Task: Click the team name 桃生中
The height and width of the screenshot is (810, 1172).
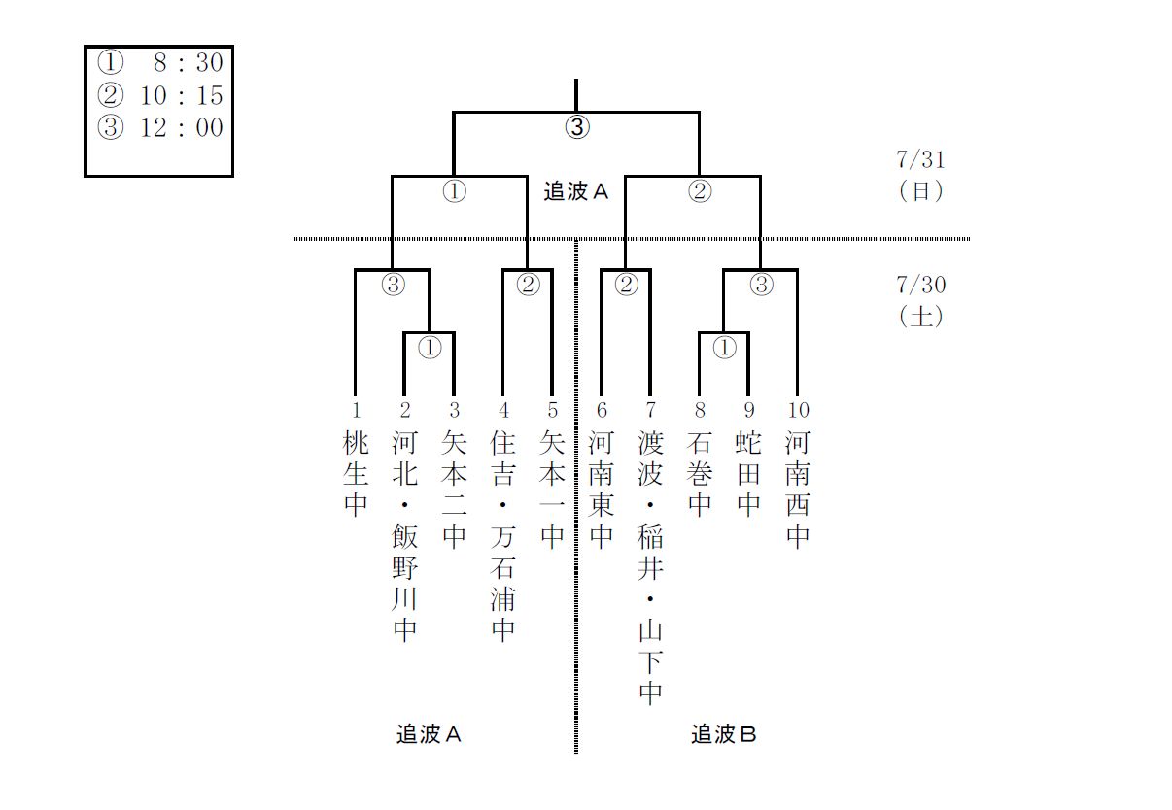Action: click(356, 474)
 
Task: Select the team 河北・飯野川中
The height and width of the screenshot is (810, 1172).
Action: click(404, 536)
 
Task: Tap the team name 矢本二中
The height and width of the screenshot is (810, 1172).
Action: click(454, 489)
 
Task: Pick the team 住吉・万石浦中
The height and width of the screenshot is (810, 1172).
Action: click(502, 536)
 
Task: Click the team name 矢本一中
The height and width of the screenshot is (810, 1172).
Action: click(552, 489)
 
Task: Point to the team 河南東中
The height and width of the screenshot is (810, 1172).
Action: click(602, 489)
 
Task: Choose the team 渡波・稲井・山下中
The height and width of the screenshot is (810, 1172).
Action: click(650, 567)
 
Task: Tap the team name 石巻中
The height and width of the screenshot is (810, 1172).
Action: click(700, 474)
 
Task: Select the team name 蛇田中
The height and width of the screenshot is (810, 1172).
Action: click(748, 474)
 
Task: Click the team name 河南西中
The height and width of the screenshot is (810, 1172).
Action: click(798, 489)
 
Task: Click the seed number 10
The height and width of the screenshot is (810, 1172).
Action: click(798, 411)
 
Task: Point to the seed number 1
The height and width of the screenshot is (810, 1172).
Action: click(356, 411)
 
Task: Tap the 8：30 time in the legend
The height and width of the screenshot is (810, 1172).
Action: click(188, 64)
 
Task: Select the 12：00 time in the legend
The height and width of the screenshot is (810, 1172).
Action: click(182, 127)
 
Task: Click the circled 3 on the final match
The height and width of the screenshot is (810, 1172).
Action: click(577, 127)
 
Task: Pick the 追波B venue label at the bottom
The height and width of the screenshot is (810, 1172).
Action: click(723, 734)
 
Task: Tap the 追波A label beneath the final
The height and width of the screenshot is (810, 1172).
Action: click(575, 191)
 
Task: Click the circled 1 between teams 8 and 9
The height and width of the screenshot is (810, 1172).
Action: click(724, 347)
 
